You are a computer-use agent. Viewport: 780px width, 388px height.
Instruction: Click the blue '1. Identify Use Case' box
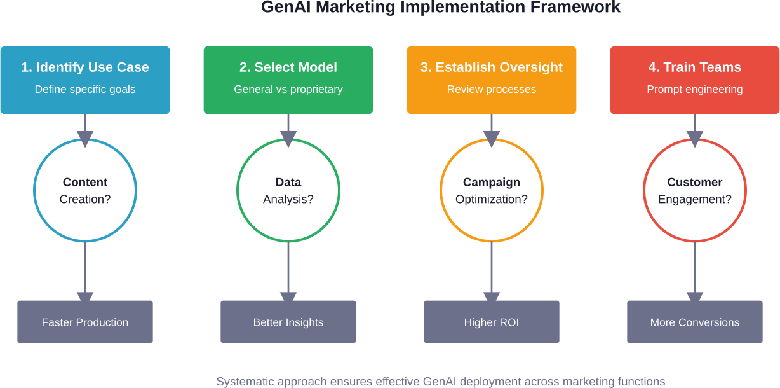[x=85, y=80]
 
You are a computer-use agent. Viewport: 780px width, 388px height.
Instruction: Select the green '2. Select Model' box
[x=288, y=80]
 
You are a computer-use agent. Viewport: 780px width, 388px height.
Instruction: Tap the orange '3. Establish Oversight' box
[x=492, y=80]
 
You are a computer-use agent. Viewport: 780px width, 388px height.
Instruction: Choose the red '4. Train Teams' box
[x=695, y=80]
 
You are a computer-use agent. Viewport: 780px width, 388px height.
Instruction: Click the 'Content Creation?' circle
[x=85, y=190]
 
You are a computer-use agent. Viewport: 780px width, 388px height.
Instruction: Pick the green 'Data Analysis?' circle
[x=288, y=190]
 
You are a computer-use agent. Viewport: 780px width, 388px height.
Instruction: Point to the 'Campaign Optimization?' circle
[x=492, y=190]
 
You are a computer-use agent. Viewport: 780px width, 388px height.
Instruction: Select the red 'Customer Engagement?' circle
[x=695, y=190]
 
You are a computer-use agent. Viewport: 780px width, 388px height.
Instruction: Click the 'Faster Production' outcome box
[x=85, y=322]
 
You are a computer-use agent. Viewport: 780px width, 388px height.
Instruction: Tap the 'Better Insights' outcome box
[x=288, y=322]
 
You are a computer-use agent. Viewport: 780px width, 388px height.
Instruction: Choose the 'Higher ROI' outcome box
[x=492, y=322]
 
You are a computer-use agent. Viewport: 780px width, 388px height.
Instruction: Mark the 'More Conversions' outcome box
[x=695, y=322]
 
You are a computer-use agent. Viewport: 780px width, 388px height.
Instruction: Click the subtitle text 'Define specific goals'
[x=85, y=89]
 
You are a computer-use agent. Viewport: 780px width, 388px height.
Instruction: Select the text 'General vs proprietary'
[x=288, y=89]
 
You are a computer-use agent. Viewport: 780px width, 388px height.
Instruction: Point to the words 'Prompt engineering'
[x=695, y=89]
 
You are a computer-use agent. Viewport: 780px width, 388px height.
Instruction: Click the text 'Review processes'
[x=492, y=89]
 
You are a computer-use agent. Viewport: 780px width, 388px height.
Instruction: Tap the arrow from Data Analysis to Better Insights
[x=288, y=267]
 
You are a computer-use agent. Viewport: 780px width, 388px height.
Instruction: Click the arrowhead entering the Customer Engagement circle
[x=695, y=139]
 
